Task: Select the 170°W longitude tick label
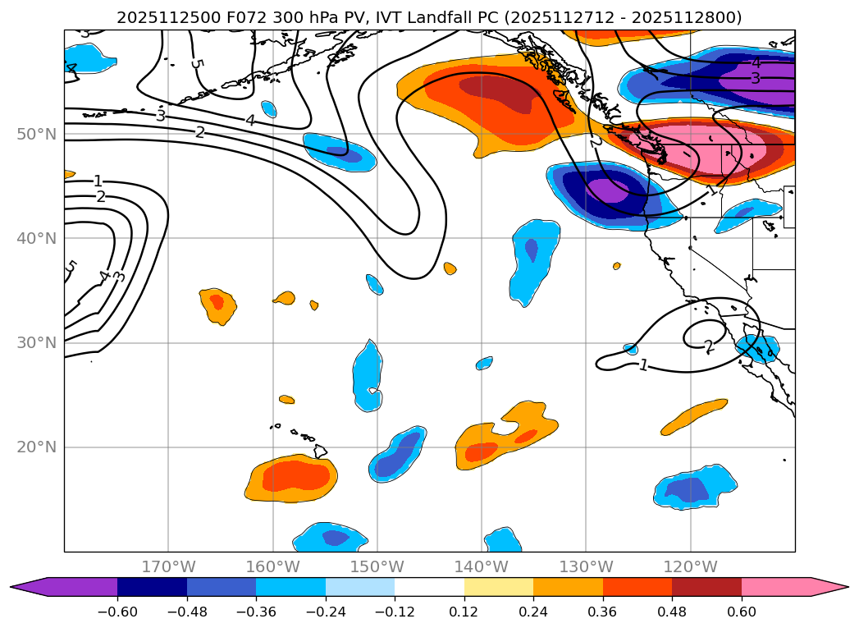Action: (x=168, y=566)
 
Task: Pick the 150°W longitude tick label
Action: (x=377, y=566)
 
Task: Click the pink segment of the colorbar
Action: (x=779, y=587)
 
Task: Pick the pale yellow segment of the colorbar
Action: (x=498, y=587)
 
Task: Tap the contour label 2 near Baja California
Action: (x=709, y=346)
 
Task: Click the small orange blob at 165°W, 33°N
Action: (x=217, y=304)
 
